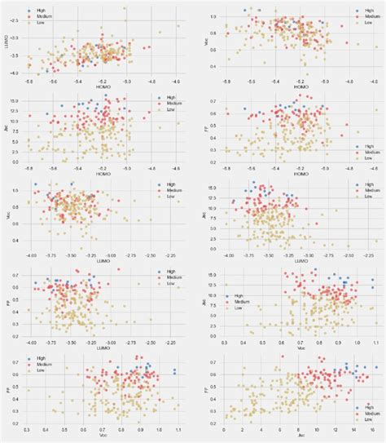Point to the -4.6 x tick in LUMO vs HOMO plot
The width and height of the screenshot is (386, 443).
pos(178,80)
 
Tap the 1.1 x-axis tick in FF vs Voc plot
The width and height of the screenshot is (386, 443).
pos(178,430)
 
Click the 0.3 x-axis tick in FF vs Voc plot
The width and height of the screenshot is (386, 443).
pos(27,430)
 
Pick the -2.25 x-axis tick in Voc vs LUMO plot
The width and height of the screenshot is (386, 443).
pos(173,255)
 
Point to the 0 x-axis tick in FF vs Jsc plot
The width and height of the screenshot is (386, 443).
pos(224,430)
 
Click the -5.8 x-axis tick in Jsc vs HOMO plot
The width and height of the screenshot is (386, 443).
pos(28,167)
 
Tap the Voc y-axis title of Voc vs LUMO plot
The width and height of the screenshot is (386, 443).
pos(7,217)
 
